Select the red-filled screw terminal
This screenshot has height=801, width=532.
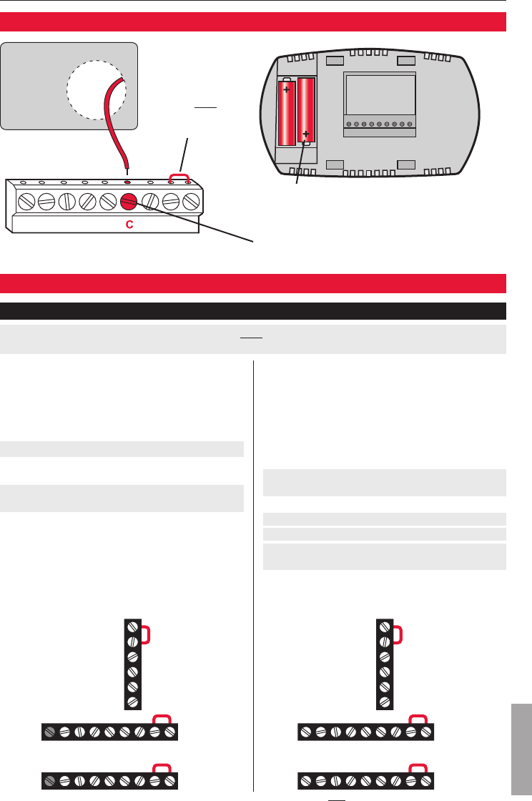[129, 202]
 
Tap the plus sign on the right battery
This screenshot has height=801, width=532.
[307, 134]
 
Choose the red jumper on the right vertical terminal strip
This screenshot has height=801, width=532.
[395, 634]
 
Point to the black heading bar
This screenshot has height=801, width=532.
[253, 311]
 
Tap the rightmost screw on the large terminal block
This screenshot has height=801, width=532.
[191, 202]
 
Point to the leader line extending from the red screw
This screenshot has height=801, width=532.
[193, 223]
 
